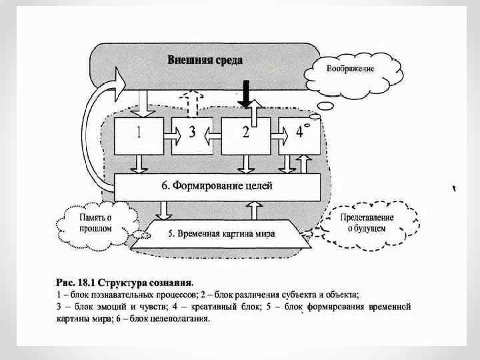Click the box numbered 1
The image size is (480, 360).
[x=138, y=133]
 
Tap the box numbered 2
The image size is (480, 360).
[x=246, y=133]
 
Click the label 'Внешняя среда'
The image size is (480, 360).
[x=205, y=60]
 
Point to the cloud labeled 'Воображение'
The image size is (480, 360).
[x=349, y=69]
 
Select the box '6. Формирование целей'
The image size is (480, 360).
[x=217, y=186]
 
